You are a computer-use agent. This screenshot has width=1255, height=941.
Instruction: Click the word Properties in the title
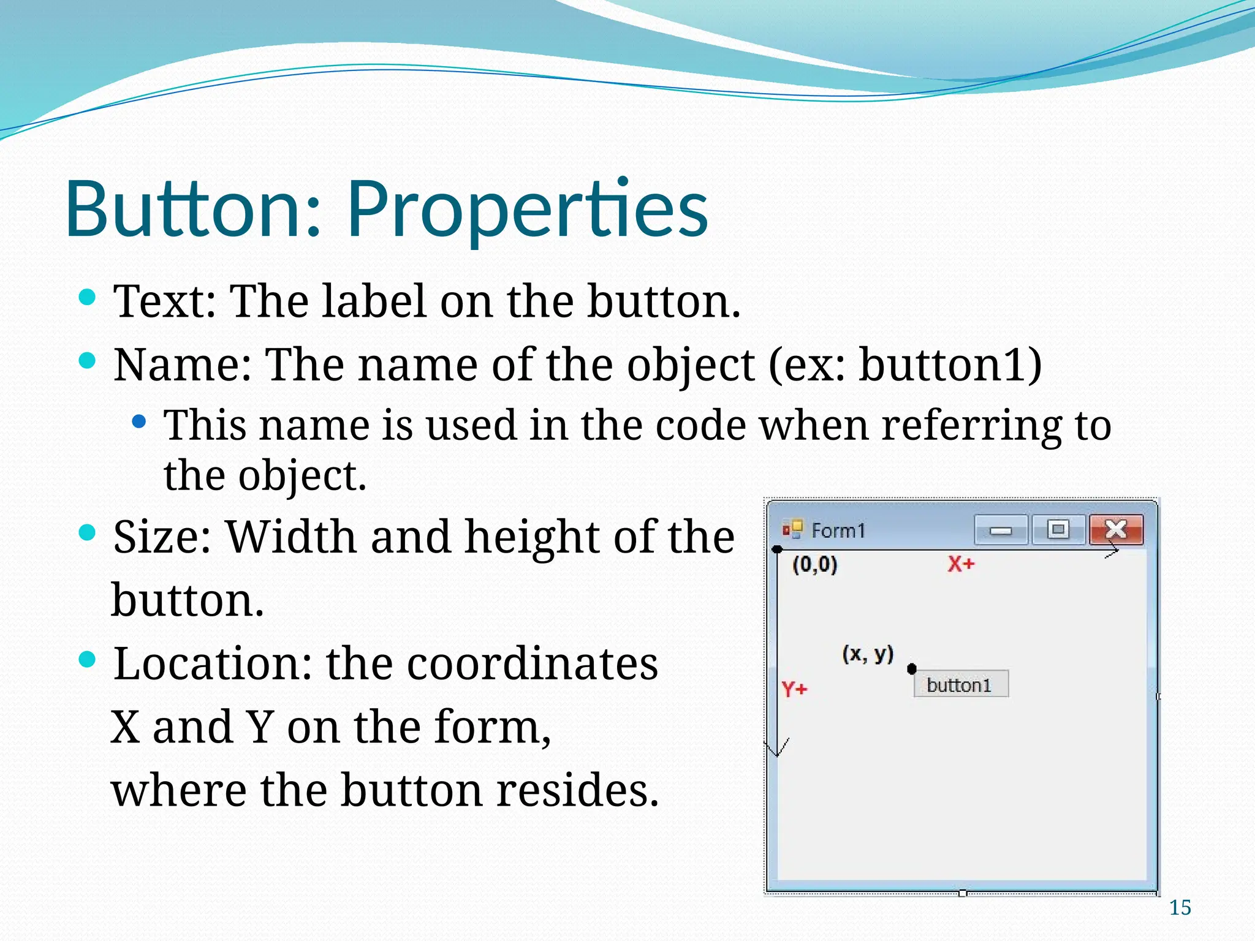coord(527,208)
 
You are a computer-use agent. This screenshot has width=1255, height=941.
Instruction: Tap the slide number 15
coord(1180,907)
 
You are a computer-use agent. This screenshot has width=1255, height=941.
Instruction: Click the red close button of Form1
coord(1116,529)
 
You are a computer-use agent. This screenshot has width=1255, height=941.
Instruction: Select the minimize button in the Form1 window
coord(1001,530)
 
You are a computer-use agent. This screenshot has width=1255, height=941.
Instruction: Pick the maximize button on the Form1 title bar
coord(1058,529)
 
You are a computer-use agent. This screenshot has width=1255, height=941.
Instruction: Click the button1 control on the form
coord(960,684)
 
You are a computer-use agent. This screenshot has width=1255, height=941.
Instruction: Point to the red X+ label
coord(960,564)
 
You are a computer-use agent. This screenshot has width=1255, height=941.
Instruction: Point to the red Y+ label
coord(795,689)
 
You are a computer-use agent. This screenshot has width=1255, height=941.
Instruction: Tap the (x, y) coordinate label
coord(868,654)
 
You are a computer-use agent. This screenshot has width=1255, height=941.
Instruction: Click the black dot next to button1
coord(912,668)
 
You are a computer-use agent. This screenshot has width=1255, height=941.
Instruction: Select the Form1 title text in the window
coord(838,530)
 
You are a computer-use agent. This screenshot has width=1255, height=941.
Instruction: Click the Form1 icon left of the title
coord(792,529)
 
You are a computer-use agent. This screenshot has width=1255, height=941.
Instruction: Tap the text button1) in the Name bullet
coord(950,365)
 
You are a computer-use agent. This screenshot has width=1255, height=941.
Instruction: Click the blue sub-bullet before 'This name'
coord(140,421)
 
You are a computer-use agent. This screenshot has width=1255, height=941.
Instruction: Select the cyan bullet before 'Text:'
coord(88,298)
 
